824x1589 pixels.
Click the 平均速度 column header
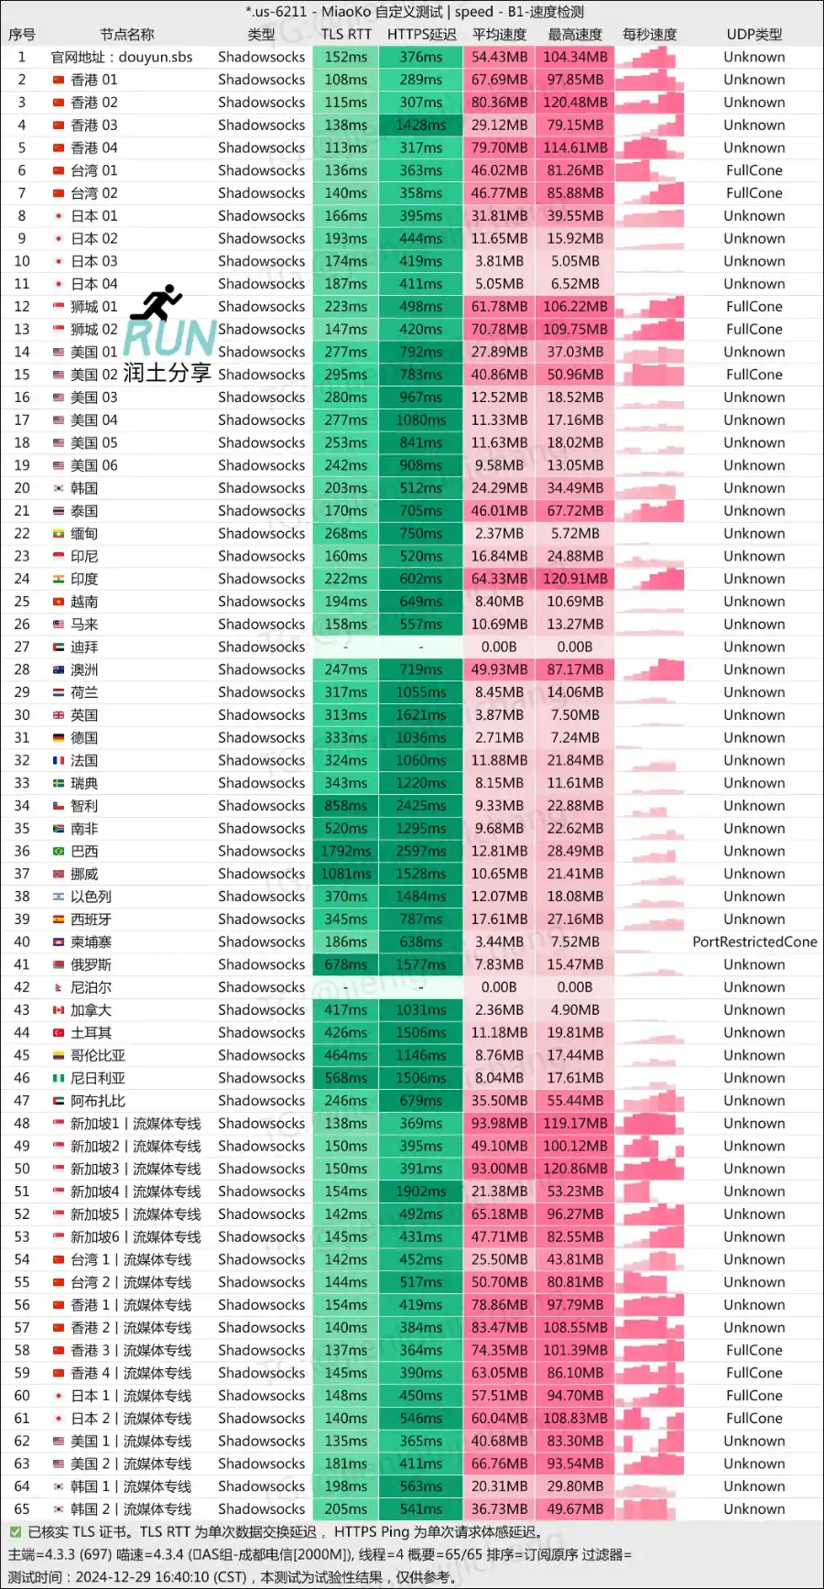click(499, 35)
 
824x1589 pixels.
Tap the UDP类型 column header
click(754, 35)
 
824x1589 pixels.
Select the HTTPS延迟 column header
click(421, 35)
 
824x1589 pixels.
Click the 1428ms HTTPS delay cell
click(421, 125)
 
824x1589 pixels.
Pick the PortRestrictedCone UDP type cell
click(754, 942)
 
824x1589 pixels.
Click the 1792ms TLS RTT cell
click(346, 852)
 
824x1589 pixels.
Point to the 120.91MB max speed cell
click(575, 579)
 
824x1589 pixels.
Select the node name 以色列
click(91, 897)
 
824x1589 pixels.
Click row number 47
click(22, 1101)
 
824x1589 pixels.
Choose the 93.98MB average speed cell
click(499, 1124)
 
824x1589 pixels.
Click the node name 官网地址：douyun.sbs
click(122, 57)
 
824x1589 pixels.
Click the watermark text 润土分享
click(168, 373)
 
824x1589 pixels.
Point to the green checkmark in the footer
click(15, 1532)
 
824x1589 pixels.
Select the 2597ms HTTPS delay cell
click(421, 852)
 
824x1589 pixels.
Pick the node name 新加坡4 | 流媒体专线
click(136, 1192)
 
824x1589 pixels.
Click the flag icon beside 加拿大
click(59, 1010)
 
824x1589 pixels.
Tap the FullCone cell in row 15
click(754, 375)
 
